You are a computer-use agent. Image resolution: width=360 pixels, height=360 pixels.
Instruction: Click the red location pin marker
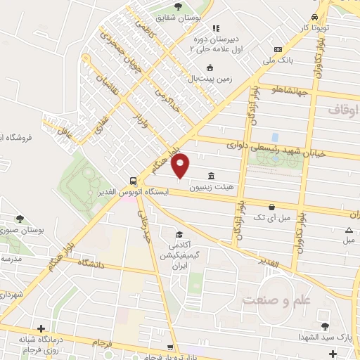coord(181,165)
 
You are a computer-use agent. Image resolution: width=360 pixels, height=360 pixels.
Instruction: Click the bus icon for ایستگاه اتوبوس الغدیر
coord(133,181)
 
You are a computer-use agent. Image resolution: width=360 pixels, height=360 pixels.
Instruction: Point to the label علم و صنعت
coord(276,300)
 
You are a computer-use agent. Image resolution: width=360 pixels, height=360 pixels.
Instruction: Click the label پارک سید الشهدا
coord(326,337)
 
